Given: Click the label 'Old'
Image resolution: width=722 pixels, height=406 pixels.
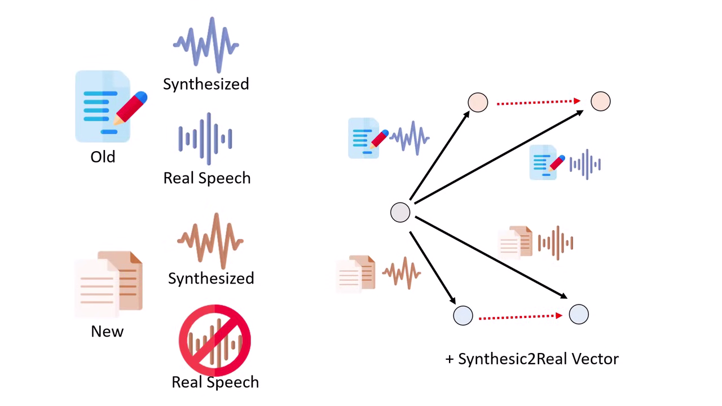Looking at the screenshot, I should click(x=103, y=156).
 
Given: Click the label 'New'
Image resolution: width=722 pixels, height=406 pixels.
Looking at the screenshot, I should click(x=107, y=331).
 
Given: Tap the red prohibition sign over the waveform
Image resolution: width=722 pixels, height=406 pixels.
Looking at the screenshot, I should click(x=215, y=341).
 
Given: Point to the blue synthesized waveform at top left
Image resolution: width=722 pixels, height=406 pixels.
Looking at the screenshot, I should click(x=206, y=45).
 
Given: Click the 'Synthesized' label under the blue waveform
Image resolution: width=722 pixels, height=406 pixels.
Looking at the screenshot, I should click(x=206, y=84).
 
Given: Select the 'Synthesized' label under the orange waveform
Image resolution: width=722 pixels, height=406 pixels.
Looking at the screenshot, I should click(x=211, y=278).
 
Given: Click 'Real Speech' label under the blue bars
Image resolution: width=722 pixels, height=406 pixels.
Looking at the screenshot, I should click(x=206, y=178).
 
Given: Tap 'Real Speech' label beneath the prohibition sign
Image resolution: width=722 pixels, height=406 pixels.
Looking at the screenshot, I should click(x=215, y=382).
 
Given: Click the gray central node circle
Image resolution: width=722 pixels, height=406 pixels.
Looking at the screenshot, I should click(x=400, y=213).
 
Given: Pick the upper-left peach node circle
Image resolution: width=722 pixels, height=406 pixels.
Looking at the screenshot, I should click(x=478, y=102).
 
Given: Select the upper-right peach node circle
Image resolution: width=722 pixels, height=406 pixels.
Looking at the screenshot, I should click(x=600, y=101).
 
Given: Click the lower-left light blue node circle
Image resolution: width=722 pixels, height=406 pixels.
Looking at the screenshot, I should click(x=463, y=315).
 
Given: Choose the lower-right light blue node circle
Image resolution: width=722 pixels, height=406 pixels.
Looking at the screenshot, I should click(x=579, y=314).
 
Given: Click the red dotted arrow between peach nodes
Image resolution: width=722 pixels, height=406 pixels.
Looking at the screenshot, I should click(x=539, y=102).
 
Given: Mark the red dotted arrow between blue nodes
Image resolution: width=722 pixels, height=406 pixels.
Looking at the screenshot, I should click(x=521, y=317).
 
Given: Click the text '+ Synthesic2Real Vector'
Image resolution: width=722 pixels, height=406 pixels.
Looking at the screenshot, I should click(x=532, y=359).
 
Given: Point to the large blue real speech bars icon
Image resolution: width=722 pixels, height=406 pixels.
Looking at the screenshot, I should click(x=206, y=139).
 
